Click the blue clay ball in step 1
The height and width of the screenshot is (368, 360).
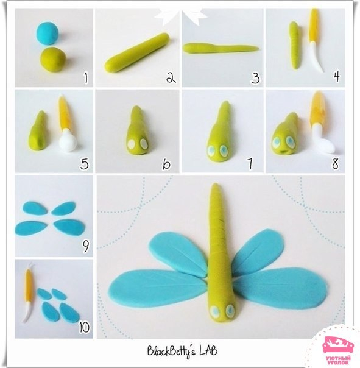(x=47, y=34)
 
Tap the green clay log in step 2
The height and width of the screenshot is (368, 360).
(x=137, y=53)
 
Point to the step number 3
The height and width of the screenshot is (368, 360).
(x=255, y=78)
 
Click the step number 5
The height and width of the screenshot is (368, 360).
(x=85, y=164)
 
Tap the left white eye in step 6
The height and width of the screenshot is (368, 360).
(x=131, y=144)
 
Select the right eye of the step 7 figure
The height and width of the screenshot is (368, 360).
(x=223, y=150)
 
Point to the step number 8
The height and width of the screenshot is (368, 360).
(x=336, y=163)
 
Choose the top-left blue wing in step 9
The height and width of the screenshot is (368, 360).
(x=35, y=208)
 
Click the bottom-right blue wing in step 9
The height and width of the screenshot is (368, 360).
(x=69, y=227)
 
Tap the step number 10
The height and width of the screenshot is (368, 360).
(x=84, y=327)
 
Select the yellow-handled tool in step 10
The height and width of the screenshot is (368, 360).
(x=29, y=294)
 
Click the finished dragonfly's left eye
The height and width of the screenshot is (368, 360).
(x=214, y=311)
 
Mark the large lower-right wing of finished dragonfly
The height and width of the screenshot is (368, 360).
(x=280, y=288)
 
